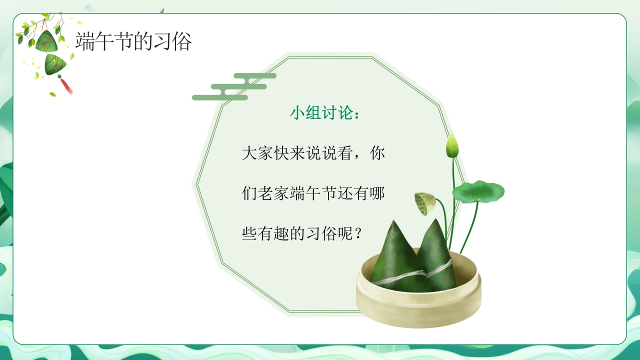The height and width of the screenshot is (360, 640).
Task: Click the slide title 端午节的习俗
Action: tap(133, 42)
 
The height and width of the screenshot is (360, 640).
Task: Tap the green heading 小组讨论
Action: tap(318, 113)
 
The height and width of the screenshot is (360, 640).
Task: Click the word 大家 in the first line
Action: tap(257, 153)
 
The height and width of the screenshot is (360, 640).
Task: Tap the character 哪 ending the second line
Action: tap(377, 193)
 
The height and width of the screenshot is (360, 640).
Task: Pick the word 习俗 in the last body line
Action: tap(321, 233)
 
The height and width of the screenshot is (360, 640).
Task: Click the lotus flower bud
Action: tap(452, 145)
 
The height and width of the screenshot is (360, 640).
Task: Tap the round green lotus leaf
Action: tap(478, 191)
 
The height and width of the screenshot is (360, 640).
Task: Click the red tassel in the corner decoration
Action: tap(66, 86)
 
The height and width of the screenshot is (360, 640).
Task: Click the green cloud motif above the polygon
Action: tap(235, 87)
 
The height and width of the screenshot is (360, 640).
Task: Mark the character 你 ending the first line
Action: tap(377, 153)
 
